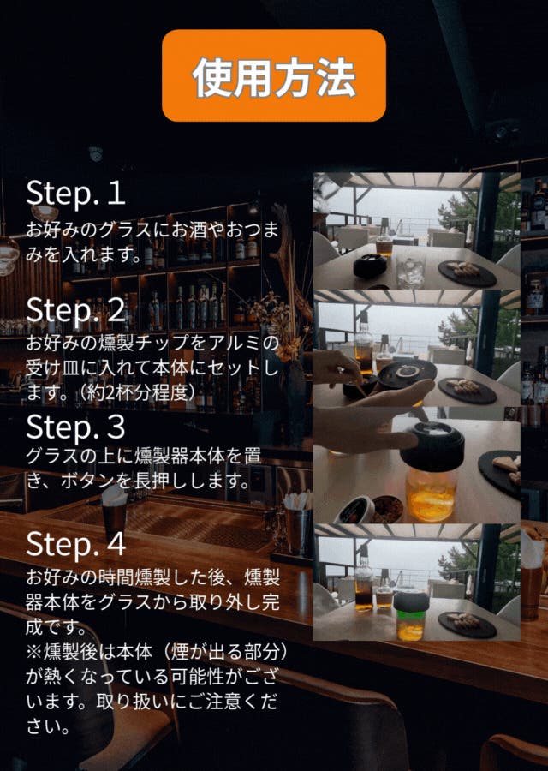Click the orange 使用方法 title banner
tap(274, 75)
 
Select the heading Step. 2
tap(75, 310)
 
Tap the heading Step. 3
tap(75, 427)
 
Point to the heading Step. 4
tap(75, 544)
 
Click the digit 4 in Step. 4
tap(116, 543)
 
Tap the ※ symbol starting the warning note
tap(34, 653)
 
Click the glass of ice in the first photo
tap(411, 271)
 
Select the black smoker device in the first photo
tap(370, 266)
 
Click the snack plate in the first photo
tap(467, 273)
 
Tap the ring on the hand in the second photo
tap(341, 370)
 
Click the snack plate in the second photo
tap(468, 391)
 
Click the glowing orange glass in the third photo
tap(431, 493)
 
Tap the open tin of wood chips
tap(388, 510)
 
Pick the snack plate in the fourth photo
tap(467, 625)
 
